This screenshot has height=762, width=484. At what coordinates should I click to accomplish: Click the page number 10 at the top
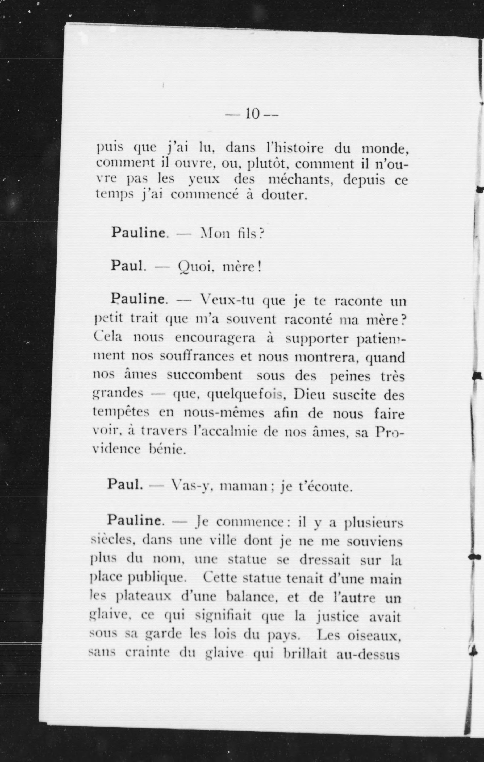[252, 114]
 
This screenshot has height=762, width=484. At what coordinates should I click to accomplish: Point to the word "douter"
[284, 195]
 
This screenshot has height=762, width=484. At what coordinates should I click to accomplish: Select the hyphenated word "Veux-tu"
[228, 300]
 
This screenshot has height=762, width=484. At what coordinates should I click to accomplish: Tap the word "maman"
[244, 494]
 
